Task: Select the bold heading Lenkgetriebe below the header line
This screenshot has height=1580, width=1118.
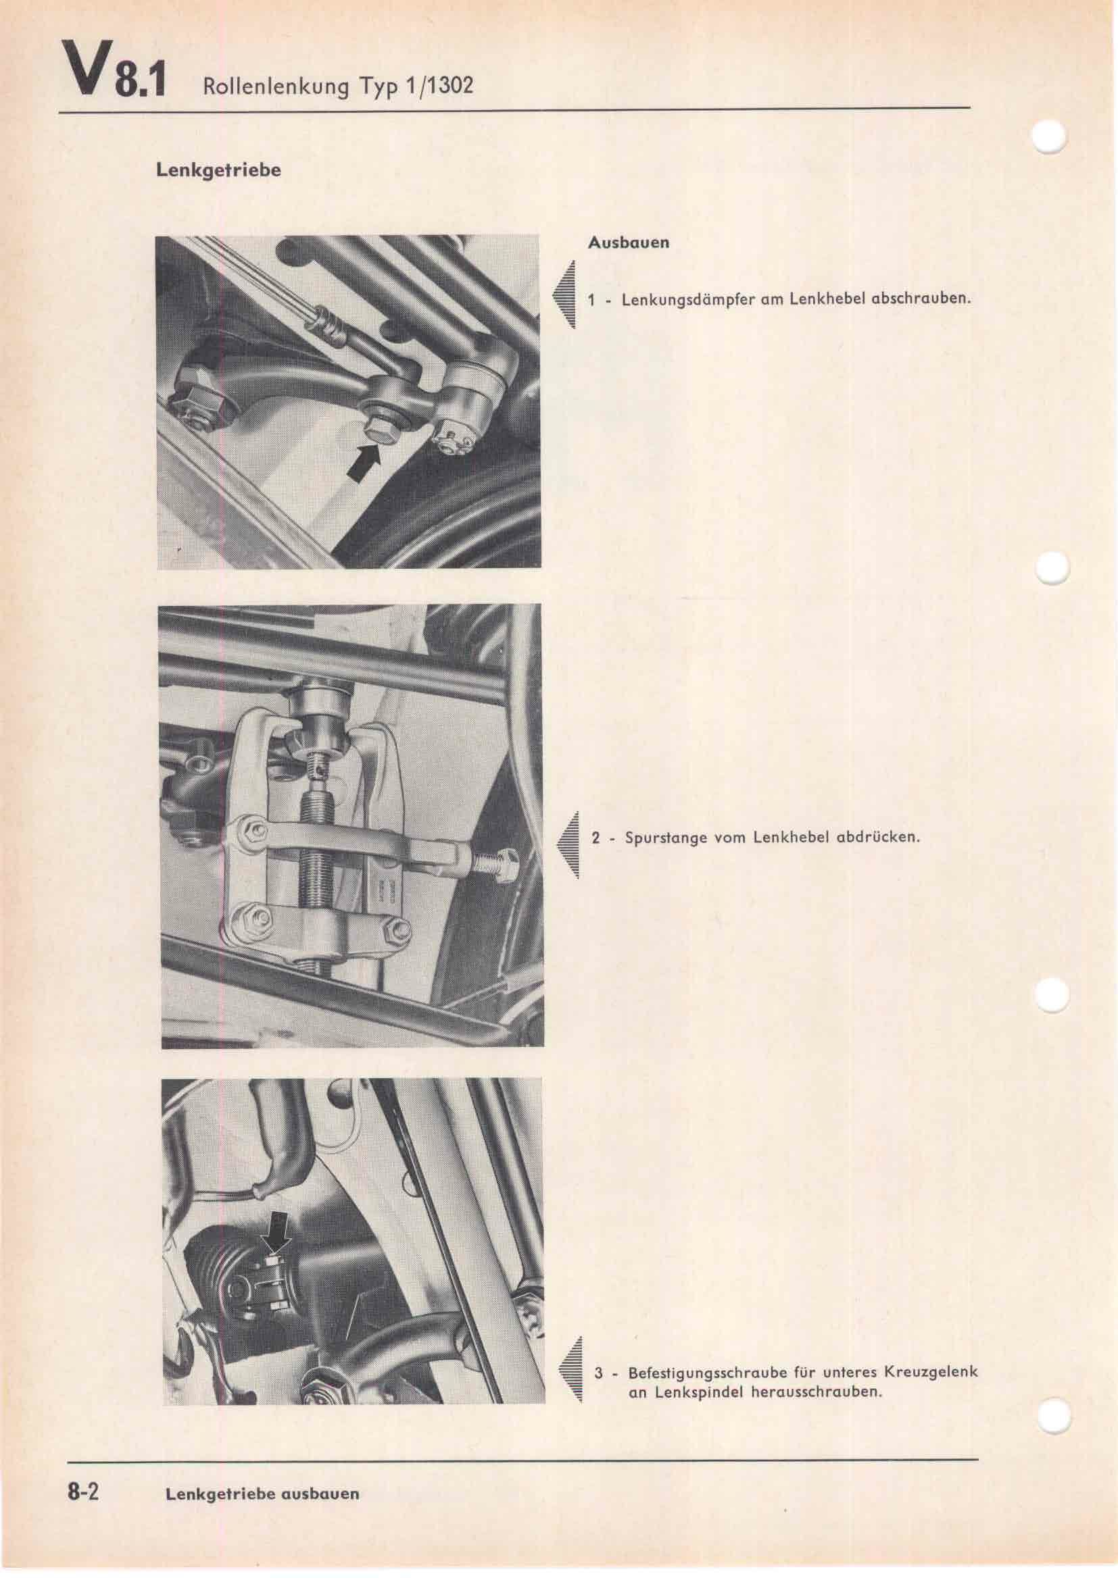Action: [x=218, y=170]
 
